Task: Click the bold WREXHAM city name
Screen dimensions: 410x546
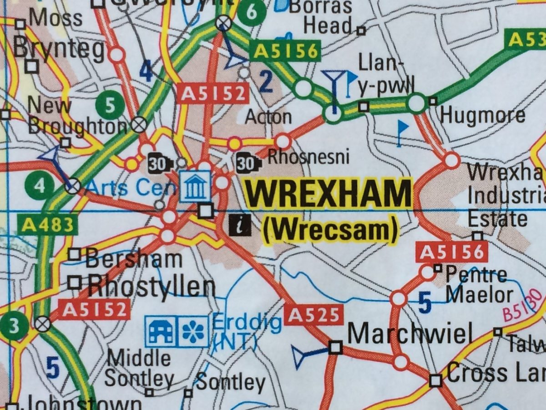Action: coord(328,194)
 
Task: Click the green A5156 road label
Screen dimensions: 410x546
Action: coord(286,51)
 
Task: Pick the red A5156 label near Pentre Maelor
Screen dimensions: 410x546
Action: coord(452,252)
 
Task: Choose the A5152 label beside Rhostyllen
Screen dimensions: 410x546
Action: coord(94,310)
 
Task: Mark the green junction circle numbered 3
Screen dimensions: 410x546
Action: coord(14,327)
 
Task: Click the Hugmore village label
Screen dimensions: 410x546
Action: coord(482,116)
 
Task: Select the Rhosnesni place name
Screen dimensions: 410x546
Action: coord(308,157)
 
